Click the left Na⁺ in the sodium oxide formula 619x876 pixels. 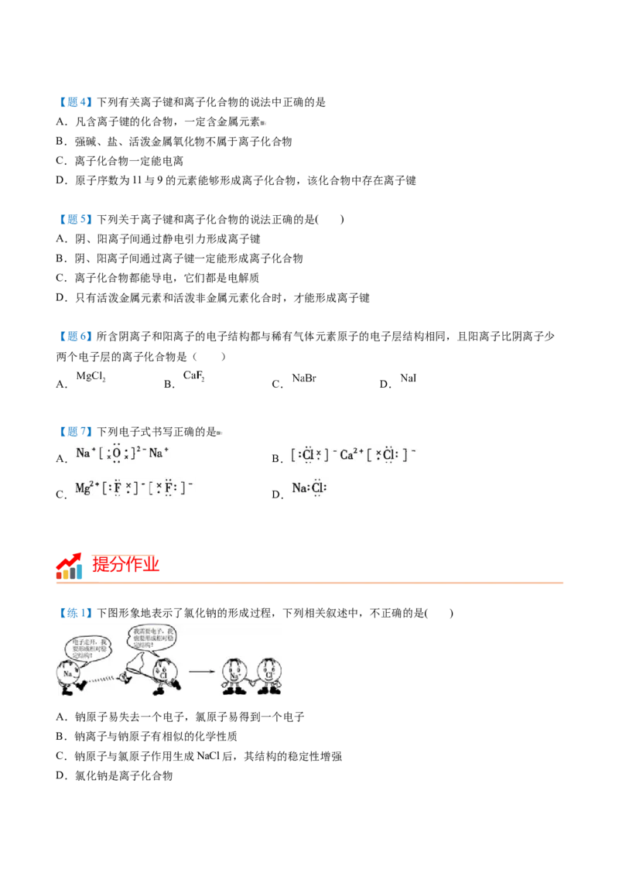pyautogui.click(x=84, y=453)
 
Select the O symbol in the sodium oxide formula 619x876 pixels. pyautogui.click(x=117, y=454)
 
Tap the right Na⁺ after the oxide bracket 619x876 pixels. pyautogui.click(x=158, y=453)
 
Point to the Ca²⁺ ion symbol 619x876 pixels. pyautogui.click(x=352, y=454)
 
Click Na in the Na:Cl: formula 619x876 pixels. pyautogui.click(x=299, y=488)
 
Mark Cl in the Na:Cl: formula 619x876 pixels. pyautogui.click(x=317, y=488)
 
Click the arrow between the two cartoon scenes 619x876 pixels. pyautogui.click(x=202, y=671)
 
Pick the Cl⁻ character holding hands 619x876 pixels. pyautogui.click(x=268, y=675)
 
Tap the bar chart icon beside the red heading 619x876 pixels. pyautogui.click(x=70, y=568)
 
